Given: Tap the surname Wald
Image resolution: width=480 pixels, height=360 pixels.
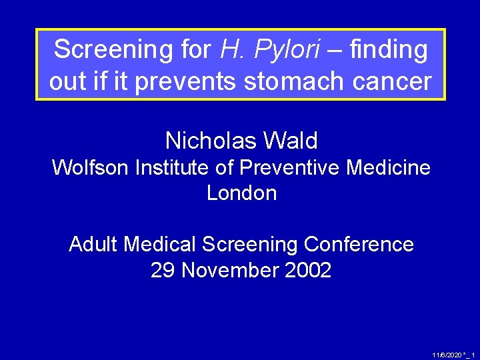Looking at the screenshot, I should coord(291,141).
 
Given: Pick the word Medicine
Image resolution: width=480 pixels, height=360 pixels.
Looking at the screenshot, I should coord(389,167).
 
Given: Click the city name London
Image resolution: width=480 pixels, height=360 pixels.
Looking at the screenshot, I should coord(241,193).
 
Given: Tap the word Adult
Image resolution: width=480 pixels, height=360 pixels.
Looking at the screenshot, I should coord(93,245).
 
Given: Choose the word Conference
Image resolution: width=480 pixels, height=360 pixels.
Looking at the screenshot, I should coord(359,245).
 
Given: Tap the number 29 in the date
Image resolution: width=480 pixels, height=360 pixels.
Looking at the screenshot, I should coord(163,271).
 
